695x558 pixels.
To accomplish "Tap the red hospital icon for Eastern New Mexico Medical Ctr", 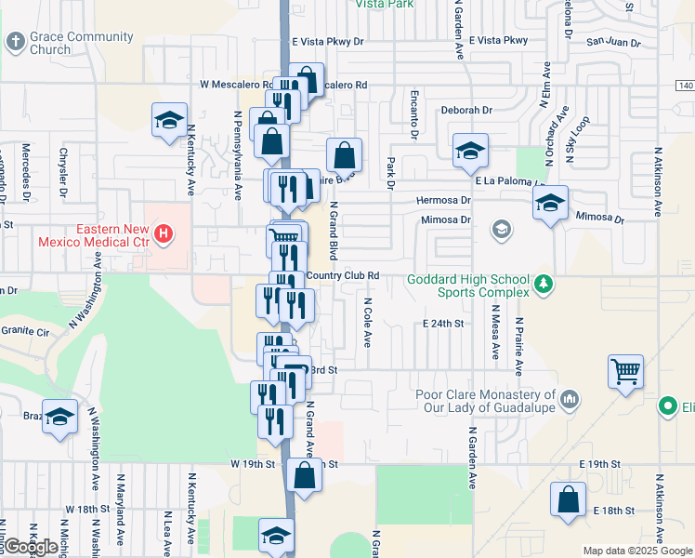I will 164,232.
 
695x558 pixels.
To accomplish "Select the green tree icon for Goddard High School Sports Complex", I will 546,283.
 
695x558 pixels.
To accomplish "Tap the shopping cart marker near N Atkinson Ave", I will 625,371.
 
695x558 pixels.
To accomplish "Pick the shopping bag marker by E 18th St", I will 568,498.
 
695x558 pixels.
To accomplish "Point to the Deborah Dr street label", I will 466,110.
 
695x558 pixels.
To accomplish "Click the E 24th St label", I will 442,324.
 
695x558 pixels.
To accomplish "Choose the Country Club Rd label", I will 342,275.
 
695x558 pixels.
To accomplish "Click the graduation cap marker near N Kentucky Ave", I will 170,120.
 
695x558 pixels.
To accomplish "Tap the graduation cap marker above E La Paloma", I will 470,151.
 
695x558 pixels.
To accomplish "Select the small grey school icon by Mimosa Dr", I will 502,229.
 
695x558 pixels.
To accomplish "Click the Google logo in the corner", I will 30,547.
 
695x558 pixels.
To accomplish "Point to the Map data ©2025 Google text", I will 636,551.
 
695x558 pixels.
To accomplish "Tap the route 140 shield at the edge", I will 685,86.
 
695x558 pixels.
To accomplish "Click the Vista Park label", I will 384,5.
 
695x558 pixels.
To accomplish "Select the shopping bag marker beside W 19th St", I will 305,475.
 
